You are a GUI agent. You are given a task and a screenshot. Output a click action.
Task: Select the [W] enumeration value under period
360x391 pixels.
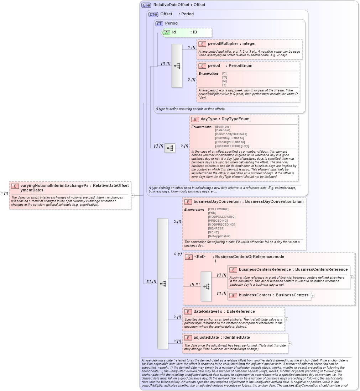click(224, 77)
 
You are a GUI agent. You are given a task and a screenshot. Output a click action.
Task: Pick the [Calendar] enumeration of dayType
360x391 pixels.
click(223, 131)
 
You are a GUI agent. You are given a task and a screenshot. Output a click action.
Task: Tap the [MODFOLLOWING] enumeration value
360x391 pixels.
click(221, 217)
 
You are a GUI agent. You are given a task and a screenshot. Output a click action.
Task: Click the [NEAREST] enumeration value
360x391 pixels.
click(216, 228)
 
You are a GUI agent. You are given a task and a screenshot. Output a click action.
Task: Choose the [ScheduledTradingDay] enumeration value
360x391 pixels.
click(232, 146)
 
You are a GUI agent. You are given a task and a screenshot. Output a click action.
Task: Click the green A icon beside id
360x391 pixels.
click(166, 32)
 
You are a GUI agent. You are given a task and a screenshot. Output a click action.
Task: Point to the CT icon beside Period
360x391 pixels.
click(159, 23)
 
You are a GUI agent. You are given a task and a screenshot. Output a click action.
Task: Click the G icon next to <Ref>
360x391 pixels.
click(189, 257)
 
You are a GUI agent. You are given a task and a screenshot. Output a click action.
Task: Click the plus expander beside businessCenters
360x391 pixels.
click(313, 295)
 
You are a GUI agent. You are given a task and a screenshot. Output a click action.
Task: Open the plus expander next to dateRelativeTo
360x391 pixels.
click(286, 319)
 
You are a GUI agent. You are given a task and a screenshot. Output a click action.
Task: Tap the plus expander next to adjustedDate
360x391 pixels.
click(289, 343)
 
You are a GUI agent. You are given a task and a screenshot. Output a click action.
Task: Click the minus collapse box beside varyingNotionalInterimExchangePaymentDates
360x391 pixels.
click(132, 195)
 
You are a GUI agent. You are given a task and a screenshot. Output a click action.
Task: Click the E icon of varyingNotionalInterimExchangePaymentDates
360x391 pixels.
click(15, 186)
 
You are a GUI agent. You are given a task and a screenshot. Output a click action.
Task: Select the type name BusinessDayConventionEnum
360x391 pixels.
click(274, 201)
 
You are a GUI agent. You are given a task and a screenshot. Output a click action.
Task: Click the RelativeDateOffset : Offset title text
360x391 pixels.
click(179, 5)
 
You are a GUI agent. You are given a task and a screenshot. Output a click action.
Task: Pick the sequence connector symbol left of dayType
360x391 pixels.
click(170, 148)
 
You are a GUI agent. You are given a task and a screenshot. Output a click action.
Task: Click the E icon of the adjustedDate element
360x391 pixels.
click(188, 338)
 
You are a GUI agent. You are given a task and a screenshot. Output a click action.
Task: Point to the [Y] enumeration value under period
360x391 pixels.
click(224, 85)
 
